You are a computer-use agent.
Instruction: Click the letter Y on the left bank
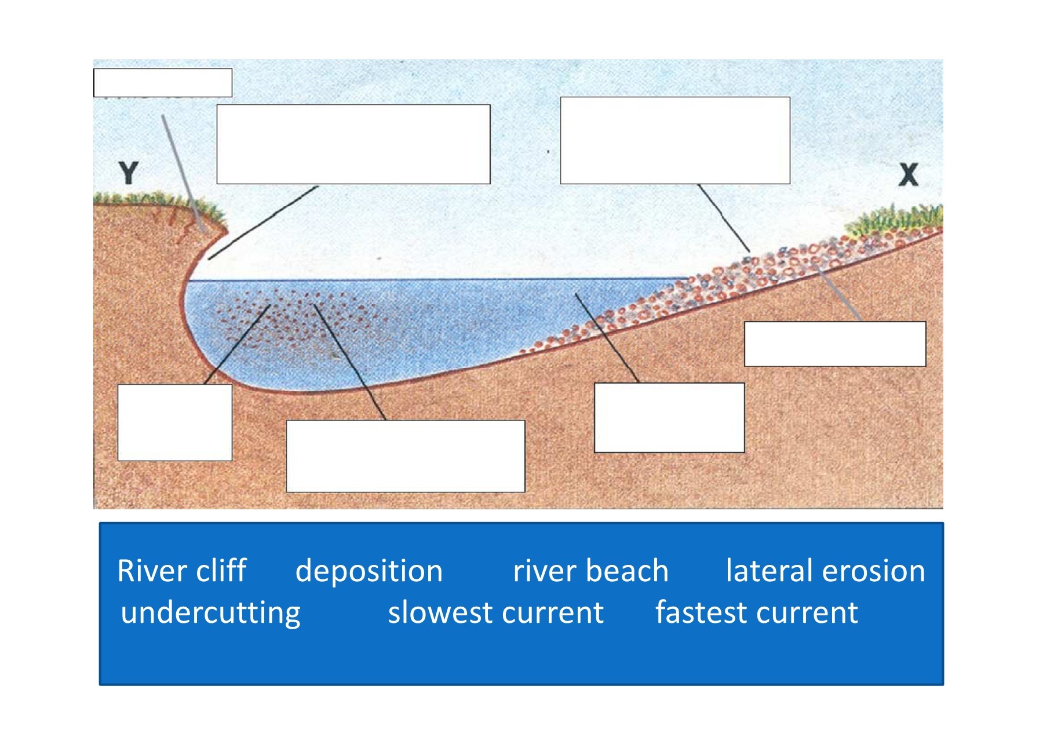pos(129,173)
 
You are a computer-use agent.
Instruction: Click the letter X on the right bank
pos(909,174)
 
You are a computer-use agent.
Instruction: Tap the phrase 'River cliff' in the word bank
pos(182,571)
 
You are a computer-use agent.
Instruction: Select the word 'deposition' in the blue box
pos(369,571)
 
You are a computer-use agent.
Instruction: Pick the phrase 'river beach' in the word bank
pos(590,571)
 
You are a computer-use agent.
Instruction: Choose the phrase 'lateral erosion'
pos(825,571)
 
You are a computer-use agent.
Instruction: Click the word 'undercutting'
pos(210,613)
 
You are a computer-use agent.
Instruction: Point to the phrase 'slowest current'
pos(495,613)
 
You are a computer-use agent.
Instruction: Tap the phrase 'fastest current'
pos(756,613)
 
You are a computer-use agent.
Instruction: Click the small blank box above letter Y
pos(163,83)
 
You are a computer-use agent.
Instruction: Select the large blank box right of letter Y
pos(353,144)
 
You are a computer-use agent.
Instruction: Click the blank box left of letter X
pos(675,141)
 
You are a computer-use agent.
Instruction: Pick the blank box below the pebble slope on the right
pos(835,344)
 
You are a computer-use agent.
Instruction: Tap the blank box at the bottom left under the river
pos(175,422)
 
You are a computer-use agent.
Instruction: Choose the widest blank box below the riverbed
pos(406,457)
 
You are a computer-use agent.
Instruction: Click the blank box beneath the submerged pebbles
pos(669,418)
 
